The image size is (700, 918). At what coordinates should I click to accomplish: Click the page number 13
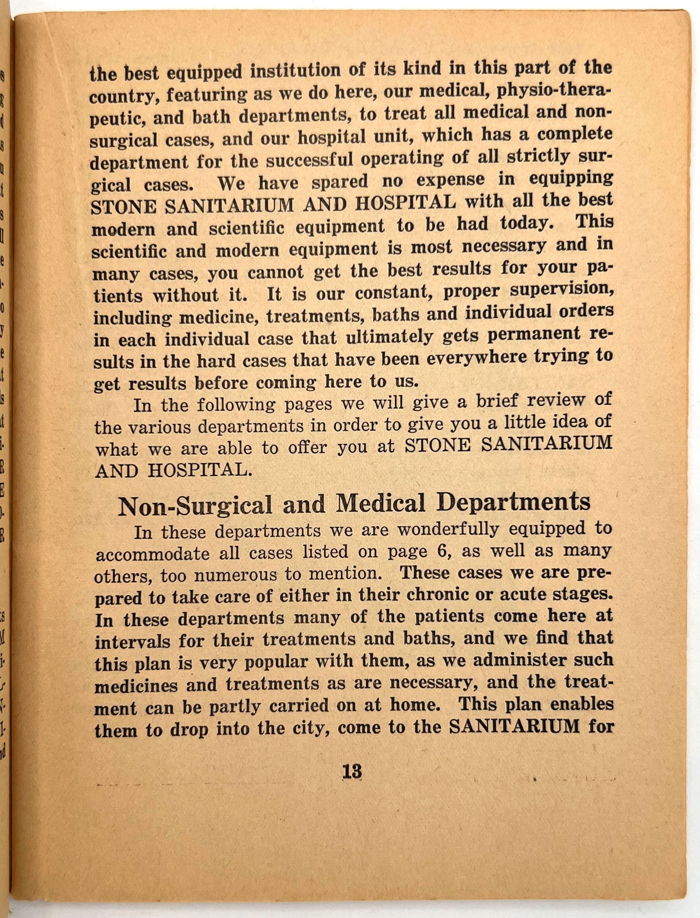click(352, 772)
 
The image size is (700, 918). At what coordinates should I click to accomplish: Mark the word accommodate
click(152, 554)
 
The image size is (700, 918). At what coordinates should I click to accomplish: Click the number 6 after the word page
click(442, 550)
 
